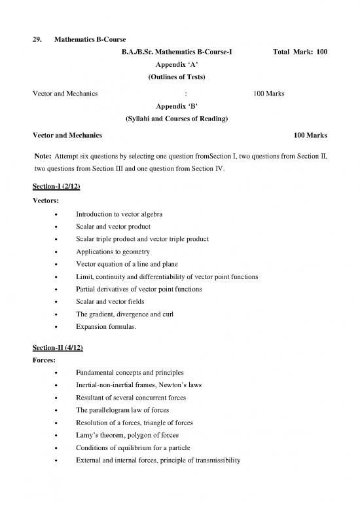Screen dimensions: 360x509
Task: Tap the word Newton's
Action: pyautogui.click(x=172, y=385)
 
